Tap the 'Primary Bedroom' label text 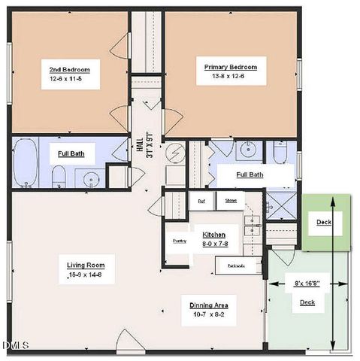pos(231,67)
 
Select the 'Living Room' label pos(85,265)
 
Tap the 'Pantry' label pos(179,241)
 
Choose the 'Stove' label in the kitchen pos(231,201)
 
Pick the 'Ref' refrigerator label pos(201,201)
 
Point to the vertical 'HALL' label pos(140,141)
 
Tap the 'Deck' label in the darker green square pos(323,223)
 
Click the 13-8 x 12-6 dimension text pos(231,77)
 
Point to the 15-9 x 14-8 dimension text pos(85,275)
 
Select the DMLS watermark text pos(15,345)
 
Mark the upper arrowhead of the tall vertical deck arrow pos(332,199)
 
